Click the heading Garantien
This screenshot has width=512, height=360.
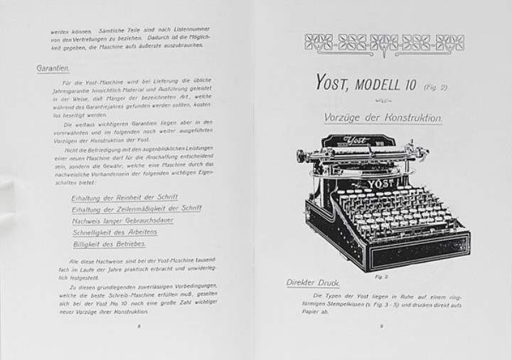(x=53, y=69)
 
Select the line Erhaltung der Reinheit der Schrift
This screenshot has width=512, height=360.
(x=124, y=197)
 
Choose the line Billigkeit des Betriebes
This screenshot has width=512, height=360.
(x=109, y=243)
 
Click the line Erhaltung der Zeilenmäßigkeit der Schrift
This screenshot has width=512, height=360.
(x=136, y=208)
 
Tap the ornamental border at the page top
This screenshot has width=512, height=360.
(x=383, y=42)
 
